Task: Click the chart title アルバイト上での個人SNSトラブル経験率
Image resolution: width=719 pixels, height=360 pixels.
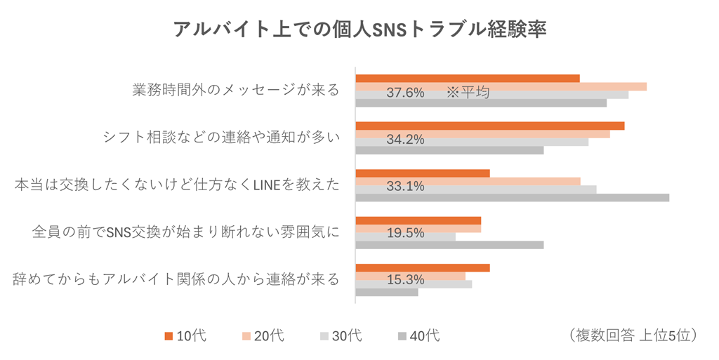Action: tap(359, 30)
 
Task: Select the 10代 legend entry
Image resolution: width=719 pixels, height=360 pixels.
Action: tap(185, 336)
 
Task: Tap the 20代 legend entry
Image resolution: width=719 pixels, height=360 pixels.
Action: tap(263, 336)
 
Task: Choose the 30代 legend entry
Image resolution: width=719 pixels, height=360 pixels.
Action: tap(341, 336)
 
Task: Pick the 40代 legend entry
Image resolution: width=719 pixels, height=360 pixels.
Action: tap(418, 336)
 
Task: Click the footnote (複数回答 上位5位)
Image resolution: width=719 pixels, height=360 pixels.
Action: tap(632, 335)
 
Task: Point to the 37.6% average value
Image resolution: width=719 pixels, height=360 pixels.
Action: tap(405, 93)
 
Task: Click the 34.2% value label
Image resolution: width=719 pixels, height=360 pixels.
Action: tap(405, 139)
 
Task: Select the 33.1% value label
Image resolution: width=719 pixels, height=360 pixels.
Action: tap(405, 186)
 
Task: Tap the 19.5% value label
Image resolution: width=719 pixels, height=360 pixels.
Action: tap(405, 233)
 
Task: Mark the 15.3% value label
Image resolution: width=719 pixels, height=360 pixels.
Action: tap(405, 279)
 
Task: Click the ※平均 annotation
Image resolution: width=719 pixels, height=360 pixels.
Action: tap(467, 93)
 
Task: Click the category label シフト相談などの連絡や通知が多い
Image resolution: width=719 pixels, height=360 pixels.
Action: tap(221, 138)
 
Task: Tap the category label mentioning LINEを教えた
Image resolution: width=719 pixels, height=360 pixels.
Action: tap(177, 185)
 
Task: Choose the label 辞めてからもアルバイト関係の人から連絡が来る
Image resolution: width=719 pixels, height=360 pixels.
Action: tap(177, 279)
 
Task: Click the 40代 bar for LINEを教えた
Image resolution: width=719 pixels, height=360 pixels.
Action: tap(512, 197)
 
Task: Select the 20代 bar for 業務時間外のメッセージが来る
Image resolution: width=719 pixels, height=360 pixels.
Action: tap(501, 86)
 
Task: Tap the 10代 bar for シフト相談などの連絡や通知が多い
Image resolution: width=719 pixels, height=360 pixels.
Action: tap(489, 126)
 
